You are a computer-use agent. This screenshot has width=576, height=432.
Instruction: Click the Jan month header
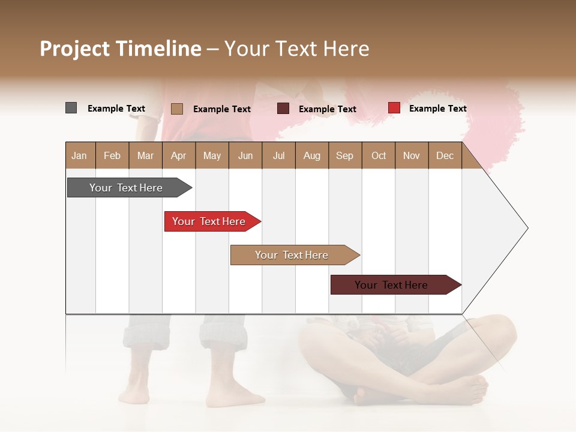79,155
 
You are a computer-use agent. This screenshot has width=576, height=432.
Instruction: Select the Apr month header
178,155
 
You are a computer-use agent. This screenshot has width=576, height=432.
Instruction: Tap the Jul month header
278,155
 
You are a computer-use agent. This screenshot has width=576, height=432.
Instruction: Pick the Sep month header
344,155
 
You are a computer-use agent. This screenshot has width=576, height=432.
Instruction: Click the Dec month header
445,155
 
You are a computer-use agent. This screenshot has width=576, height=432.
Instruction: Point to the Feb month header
112,155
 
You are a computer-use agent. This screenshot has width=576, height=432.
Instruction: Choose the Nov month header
411,155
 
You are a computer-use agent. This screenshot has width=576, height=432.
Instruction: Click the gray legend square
71,108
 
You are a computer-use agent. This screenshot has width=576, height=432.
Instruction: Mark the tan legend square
176,109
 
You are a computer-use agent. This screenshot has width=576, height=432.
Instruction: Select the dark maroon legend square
283,109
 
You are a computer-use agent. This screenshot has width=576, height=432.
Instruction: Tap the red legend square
394,108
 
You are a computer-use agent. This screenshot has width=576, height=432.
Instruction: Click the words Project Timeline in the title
121,49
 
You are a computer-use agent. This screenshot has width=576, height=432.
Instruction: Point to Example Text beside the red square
437,109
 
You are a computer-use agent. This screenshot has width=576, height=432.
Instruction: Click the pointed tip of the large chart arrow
526,228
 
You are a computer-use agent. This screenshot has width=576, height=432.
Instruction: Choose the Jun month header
245,155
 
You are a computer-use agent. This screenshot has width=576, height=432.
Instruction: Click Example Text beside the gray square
116,109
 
